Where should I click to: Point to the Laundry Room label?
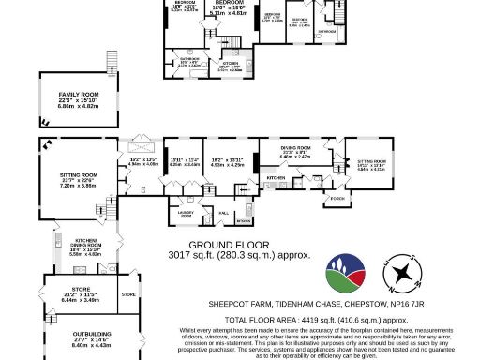pos(183,215)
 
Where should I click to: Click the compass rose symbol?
pos(407,273)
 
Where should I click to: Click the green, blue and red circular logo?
pos(345,274)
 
